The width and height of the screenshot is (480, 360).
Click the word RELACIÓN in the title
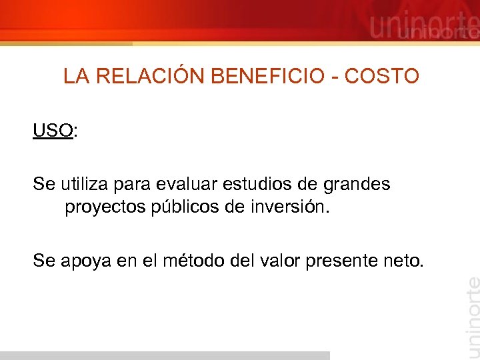click(x=152, y=77)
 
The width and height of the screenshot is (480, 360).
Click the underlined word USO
click(x=53, y=130)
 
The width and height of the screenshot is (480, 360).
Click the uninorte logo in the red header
click(x=424, y=27)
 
